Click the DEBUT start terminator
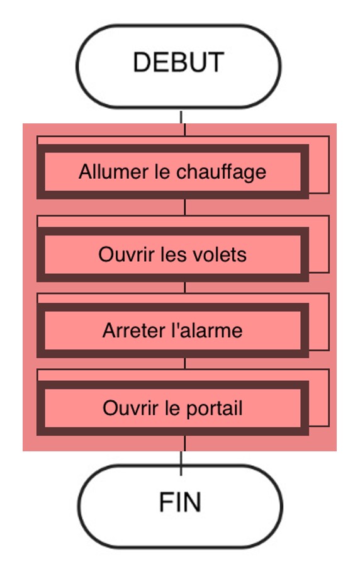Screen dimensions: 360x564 [179, 66]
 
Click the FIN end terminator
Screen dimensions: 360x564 [180, 507]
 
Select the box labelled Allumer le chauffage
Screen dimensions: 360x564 [172, 172]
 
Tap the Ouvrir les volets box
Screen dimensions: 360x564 [172, 254]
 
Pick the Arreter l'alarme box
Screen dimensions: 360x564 [172, 330]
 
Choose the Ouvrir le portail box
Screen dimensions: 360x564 [172, 408]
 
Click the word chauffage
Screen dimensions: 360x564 [221, 172]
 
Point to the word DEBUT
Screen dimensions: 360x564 [179, 62]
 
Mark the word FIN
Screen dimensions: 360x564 [180, 502]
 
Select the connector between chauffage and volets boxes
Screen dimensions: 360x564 [185, 207]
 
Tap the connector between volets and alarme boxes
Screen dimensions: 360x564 [185, 288]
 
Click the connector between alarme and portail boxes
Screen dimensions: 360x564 [185, 363]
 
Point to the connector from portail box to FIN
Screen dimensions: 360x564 [183, 455]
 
